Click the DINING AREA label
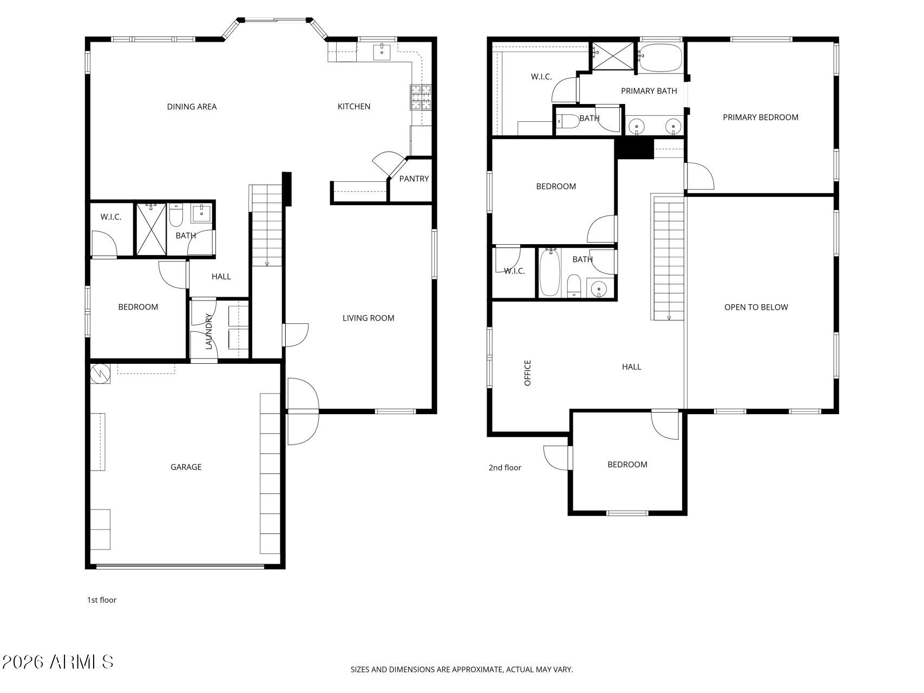(192, 107)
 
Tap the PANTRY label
(414, 179)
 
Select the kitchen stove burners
(421, 97)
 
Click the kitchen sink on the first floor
(382, 52)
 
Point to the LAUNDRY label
(208, 331)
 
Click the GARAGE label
(186, 467)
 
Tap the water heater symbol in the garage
(100, 374)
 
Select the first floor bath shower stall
(150, 230)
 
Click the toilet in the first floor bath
(176, 215)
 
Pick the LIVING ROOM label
(368, 318)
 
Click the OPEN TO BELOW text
(756, 307)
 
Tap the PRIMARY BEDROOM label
(760, 117)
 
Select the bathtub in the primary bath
(660, 57)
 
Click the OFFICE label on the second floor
(527, 372)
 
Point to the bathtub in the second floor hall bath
(549, 272)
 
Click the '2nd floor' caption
(504, 467)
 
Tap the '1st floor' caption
(102, 600)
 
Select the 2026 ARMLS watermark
(57, 662)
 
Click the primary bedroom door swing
(699, 177)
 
